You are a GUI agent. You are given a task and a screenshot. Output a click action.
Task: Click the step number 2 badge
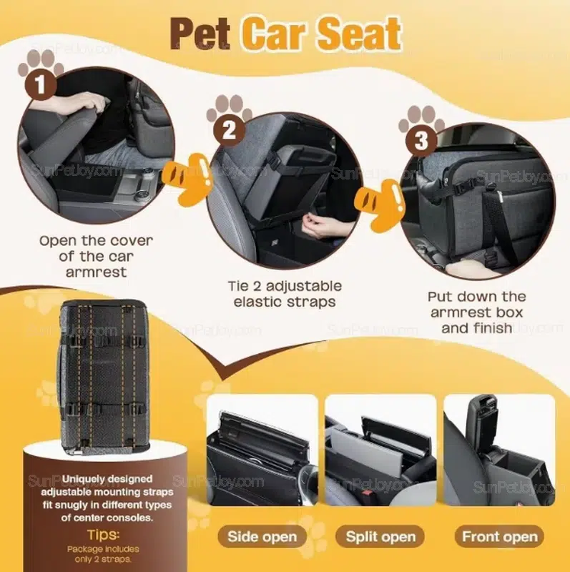click(229, 130)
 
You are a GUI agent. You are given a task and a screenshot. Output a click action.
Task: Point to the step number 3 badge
click(421, 141)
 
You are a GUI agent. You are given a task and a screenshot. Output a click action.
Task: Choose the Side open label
click(262, 537)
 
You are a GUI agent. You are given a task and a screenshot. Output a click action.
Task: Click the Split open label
click(380, 537)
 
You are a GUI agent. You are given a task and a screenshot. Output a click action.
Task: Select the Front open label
click(500, 537)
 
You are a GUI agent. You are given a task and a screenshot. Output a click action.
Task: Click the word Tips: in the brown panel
click(104, 535)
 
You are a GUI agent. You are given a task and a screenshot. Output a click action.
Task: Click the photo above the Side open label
click(262, 450)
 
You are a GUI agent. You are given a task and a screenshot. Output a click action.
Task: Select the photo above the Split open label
click(380, 450)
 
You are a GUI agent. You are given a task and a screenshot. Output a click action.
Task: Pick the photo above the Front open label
click(499, 450)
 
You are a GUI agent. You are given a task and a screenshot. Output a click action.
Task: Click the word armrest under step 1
click(97, 272)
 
